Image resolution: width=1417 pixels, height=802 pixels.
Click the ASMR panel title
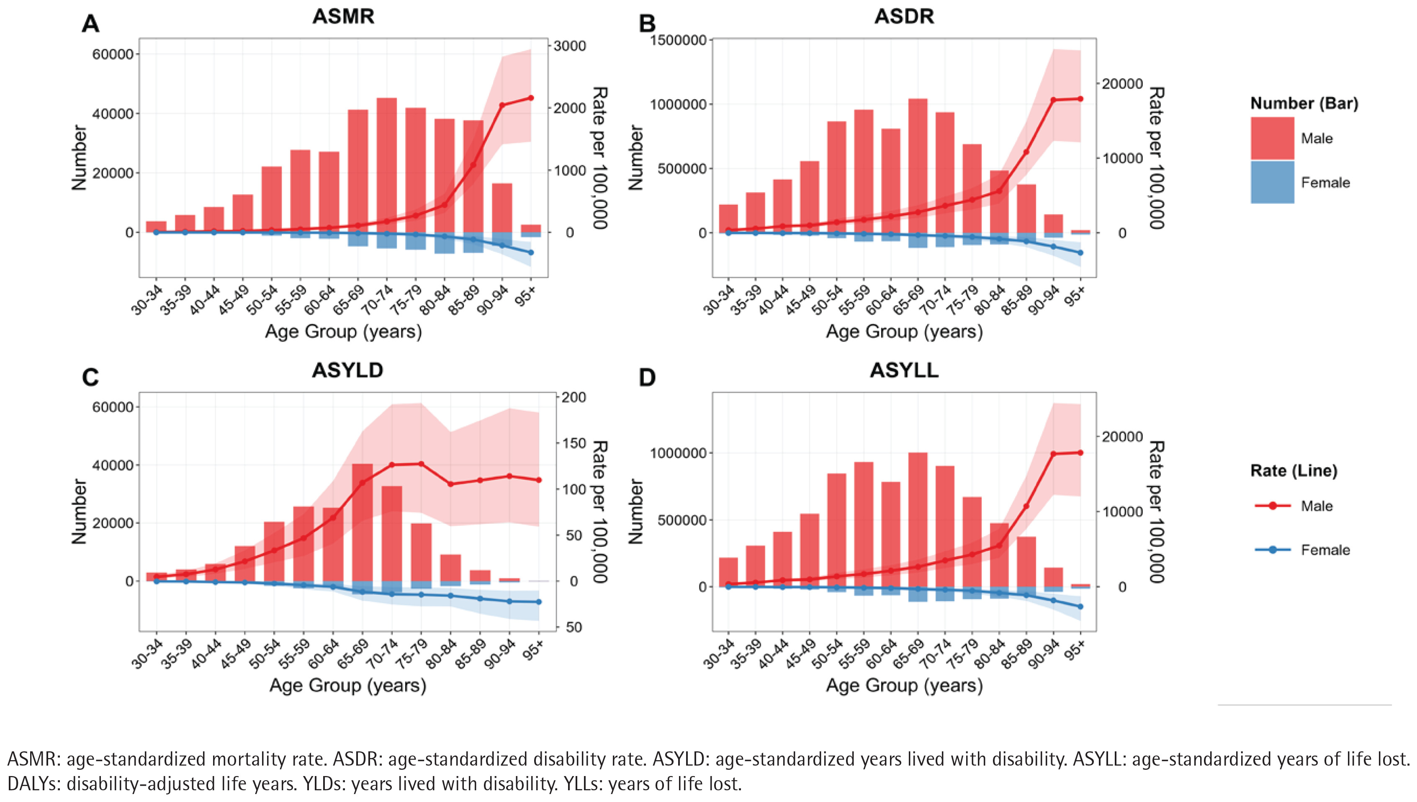coord(343,16)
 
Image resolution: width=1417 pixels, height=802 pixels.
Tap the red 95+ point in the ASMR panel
coord(531,98)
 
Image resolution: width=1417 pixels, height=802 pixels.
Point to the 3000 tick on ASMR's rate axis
coord(569,46)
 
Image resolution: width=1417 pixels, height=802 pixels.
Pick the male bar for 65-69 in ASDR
coord(918,165)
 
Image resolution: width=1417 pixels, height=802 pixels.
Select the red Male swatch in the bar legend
coord(1272,138)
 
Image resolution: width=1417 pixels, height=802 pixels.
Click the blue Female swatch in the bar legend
coord(1272,183)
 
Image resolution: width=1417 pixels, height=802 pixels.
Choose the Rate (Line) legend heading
coord(1294,471)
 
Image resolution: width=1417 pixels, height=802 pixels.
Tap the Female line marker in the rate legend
coord(1273,550)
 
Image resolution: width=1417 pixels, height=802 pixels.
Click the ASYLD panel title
coord(347,370)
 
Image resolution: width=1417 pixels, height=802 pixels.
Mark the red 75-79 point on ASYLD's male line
coord(421,464)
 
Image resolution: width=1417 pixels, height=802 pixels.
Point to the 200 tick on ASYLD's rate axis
coord(573,397)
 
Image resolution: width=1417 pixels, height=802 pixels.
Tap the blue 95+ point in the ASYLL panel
coord(1080,607)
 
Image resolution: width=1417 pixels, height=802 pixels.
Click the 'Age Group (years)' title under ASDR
coord(904,332)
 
